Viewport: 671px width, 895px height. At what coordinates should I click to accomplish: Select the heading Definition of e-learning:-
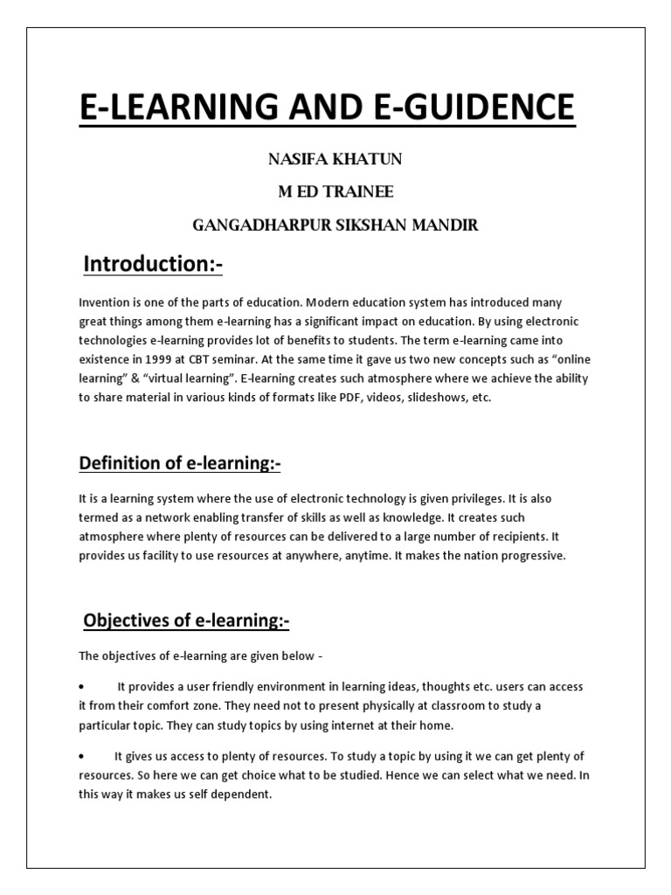coord(180,463)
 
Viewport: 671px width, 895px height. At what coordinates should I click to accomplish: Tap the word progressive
coord(534,557)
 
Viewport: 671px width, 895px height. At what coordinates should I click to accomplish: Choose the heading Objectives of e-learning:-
coord(186,621)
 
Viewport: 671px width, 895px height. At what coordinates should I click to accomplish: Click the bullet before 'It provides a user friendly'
coord(81,687)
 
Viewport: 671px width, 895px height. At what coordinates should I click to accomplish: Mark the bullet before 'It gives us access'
coord(81,756)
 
